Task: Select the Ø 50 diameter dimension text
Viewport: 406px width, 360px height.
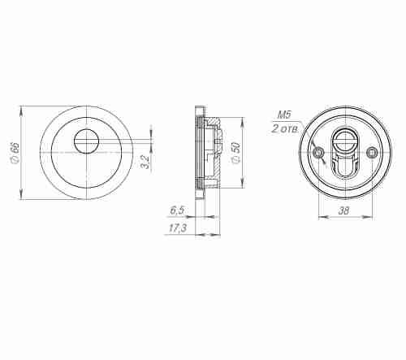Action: [x=234, y=153]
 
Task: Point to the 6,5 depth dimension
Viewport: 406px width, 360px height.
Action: [x=177, y=210]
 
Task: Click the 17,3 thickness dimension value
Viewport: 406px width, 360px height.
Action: [x=177, y=229]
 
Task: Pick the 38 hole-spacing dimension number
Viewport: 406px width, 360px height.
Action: [x=345, y=210]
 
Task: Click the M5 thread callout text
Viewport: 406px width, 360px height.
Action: [x=284, y=116]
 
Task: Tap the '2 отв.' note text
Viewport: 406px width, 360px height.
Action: [x=285, y=128]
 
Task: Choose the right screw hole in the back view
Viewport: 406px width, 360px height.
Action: [x=372, y=152]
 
